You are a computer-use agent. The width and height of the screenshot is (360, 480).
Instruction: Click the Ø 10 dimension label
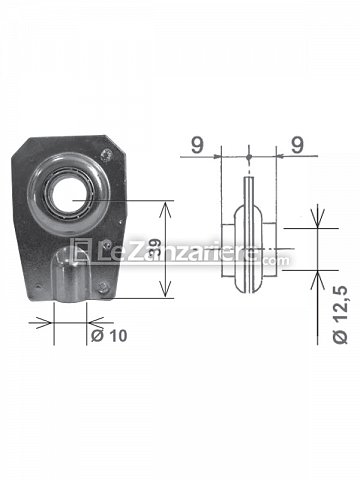click(x=109, y=335)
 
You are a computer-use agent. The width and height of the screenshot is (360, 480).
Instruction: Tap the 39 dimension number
click(x=155, y=250)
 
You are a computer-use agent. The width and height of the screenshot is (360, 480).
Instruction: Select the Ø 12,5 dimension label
click(x=340, y=315)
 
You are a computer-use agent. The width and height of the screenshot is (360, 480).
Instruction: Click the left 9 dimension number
click(x=197, y=145)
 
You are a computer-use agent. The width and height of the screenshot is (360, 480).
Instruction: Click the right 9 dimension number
click(x=297, y=145)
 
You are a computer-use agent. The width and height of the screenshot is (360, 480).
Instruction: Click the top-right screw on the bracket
click(x=107, y=155)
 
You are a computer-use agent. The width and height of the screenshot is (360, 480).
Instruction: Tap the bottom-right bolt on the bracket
click(x=103, y=287)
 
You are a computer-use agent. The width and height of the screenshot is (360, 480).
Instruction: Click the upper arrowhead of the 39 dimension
click(x=166, y=208)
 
